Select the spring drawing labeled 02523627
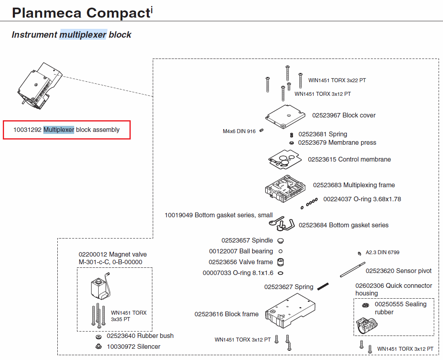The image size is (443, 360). pyautogui.click(x=323, y=286)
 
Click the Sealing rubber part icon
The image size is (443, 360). pyautogui.click(x=365, y=306)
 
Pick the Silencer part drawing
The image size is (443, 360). pyautogui.click(x=98, y=346)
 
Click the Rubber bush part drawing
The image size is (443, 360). pyautogui.click(x=98, y=336)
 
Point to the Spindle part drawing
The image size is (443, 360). pyautogui.click(x=281, y=241)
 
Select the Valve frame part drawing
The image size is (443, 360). pyautogui.click(x=281, y=262)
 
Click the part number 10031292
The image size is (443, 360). pyautogui.click(x=27, y=129)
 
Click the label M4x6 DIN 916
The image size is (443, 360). pyautogui.click(x=239, y=131)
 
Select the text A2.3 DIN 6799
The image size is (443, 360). pyautogui.click(x=382, y=253)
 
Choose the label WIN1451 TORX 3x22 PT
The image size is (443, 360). pyautogui.click(x=337, y=80)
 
